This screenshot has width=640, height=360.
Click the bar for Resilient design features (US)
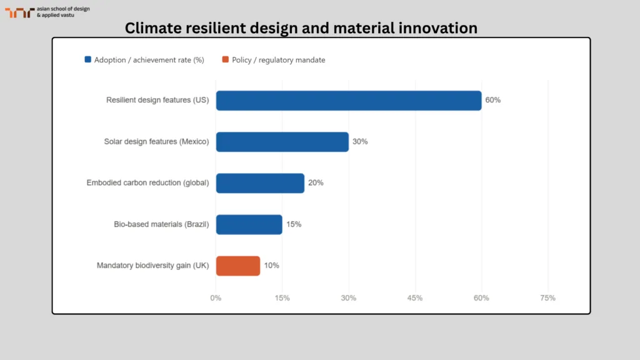[349, 100]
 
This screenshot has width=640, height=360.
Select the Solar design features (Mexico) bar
[282, 142]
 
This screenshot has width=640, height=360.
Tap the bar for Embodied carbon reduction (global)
[260, 183]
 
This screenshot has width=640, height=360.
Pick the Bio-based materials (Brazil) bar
[249, 224]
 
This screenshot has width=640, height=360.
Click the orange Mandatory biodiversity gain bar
[237, 266]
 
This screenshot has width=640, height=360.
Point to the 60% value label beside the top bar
[493, 100]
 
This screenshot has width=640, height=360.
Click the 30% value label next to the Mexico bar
[360, 142]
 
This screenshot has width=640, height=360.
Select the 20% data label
[316, 183]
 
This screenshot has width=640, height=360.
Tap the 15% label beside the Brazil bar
[294, 224]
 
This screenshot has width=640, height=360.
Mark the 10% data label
[271, 266]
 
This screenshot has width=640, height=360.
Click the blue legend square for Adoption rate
[88, 60]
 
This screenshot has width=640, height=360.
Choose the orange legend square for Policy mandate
[226, 60]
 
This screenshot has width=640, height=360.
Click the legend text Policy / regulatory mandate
[278, 60]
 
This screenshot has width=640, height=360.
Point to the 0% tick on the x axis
[216, 298]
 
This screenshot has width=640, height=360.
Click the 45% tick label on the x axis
[415, 298]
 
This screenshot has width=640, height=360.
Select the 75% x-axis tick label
[547, 298]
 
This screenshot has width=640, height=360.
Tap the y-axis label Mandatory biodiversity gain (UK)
[152, 266]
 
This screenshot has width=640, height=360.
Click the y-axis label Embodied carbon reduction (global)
[147, 183]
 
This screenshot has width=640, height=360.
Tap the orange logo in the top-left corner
[19, 12]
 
